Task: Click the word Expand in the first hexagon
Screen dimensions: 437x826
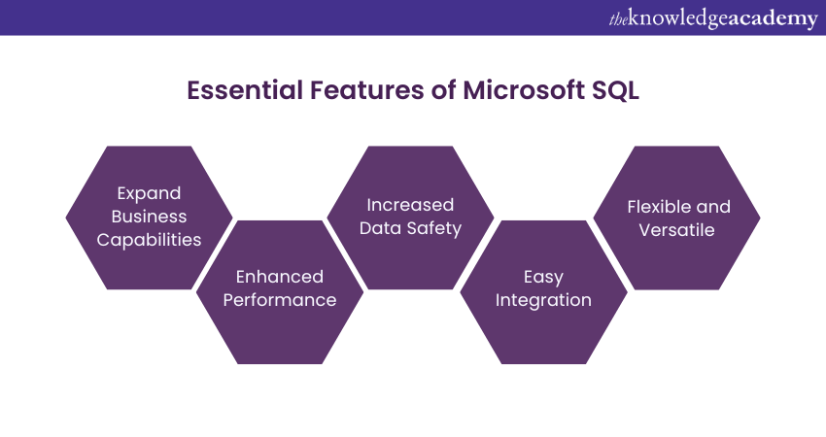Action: coord(149,192)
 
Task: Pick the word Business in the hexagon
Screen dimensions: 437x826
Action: coord(149,216)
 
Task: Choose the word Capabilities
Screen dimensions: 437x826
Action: coord(149,239)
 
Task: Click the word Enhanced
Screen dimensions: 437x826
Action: coord(280,277)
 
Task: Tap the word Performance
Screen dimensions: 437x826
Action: coord(280,300)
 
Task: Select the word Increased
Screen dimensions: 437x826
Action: coord(410,205)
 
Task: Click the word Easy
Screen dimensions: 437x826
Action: coord(543,277)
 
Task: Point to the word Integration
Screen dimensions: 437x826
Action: coord(543,300)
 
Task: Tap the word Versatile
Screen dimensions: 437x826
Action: coord(676,230)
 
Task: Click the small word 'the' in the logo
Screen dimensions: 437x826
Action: coord(618,18)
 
